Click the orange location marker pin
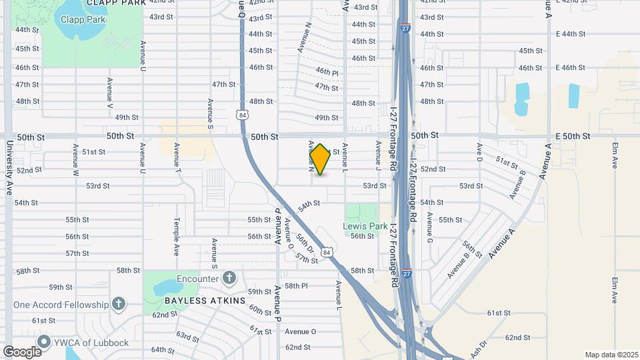pyautogui.click(x=320, y=159)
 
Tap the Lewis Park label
pyautogui.click(x=365, y=226)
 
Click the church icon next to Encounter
pyautogui.click(x=229, y=278)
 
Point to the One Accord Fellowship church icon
pyautogui.click(x=119, y=305)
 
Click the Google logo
pyautogui.click(x=22, y=351)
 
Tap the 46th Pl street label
pyautogui.click(x=327, y=71)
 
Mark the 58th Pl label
pyautogui.click(x=296, y=286)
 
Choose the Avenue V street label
pyautogui.click(x=110, y=93)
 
